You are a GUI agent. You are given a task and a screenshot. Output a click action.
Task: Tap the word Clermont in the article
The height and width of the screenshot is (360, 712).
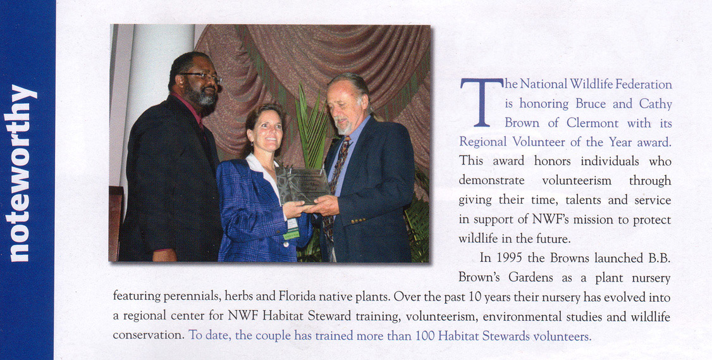coord(591,122)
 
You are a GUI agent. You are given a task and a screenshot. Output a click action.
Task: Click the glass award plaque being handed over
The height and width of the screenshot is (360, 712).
coord(302,184)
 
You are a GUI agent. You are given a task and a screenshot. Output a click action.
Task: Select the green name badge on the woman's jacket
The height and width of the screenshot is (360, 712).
coord(292,233)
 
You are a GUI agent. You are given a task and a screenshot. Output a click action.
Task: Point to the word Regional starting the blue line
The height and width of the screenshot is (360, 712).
coord(482,141)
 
